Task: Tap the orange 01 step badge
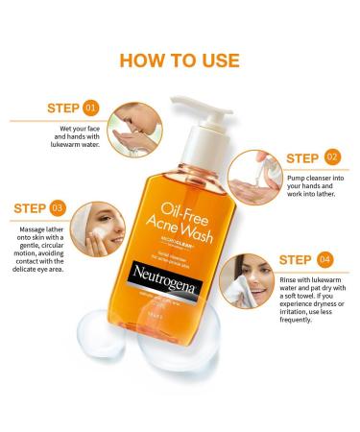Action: tap(91, 108)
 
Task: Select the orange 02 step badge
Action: tap(331, 156)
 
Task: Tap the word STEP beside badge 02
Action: tap(301, 156)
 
